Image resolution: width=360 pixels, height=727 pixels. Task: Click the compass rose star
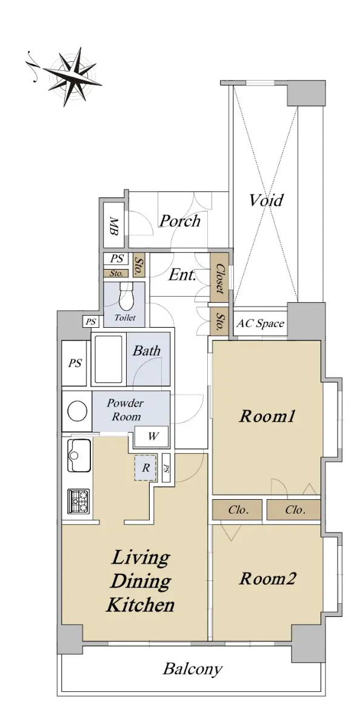click(73, 77)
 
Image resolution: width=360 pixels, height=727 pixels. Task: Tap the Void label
click(266, 201)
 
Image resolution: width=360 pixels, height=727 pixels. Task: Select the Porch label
click(180, 221)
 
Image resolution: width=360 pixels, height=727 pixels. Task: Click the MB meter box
click(114, 226)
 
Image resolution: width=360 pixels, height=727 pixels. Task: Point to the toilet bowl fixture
click(126, 296)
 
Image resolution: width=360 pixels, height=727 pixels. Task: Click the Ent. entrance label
click(182, 275)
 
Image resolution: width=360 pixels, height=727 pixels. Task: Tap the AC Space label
click(261, 324)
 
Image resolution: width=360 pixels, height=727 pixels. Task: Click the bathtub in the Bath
click(108, 359)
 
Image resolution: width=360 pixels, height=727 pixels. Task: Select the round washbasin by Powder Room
click(77, 411)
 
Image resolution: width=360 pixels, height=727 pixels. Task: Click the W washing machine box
click(152, 437)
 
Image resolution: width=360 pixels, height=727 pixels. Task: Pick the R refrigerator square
click(145, 467)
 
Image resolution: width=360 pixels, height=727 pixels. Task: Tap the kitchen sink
click(79, 455)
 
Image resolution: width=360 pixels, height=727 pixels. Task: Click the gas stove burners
click(79, 502)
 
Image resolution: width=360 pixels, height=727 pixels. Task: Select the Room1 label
click(267, 416)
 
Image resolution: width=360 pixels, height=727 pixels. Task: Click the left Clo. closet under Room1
click(238, 510)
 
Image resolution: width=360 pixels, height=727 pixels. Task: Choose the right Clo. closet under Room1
click(294, 510)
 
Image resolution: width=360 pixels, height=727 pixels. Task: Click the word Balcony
click(193, 669)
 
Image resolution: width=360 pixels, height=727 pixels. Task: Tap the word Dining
click(141, 582)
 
